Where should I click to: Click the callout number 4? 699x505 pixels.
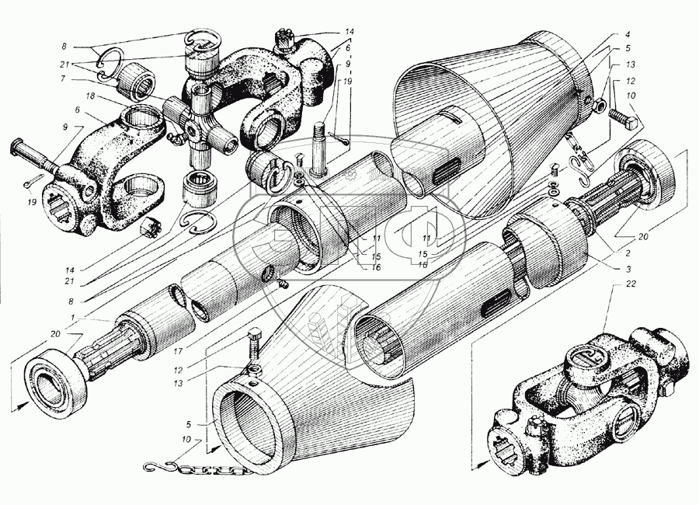click(626, 35)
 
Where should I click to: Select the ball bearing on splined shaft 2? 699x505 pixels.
click(644, 172)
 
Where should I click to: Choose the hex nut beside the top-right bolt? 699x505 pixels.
click(600, 104)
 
